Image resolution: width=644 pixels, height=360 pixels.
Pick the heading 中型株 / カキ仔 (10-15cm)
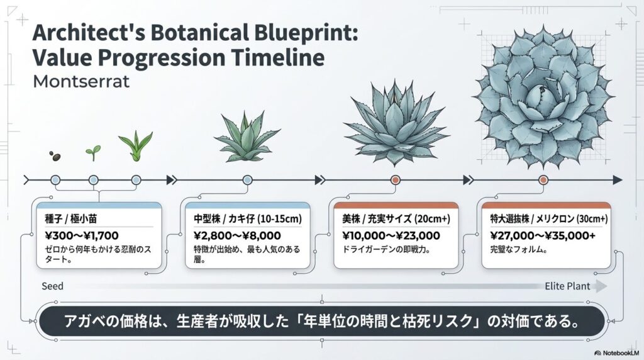[x=248, y=219]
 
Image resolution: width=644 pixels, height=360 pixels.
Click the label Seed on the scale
[x=52, y=286]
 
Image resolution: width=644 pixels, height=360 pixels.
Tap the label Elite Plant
[x=567, y=286]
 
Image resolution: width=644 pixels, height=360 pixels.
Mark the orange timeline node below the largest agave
[x=543, y=181]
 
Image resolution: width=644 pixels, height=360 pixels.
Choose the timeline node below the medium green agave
[x=247, y=181]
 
